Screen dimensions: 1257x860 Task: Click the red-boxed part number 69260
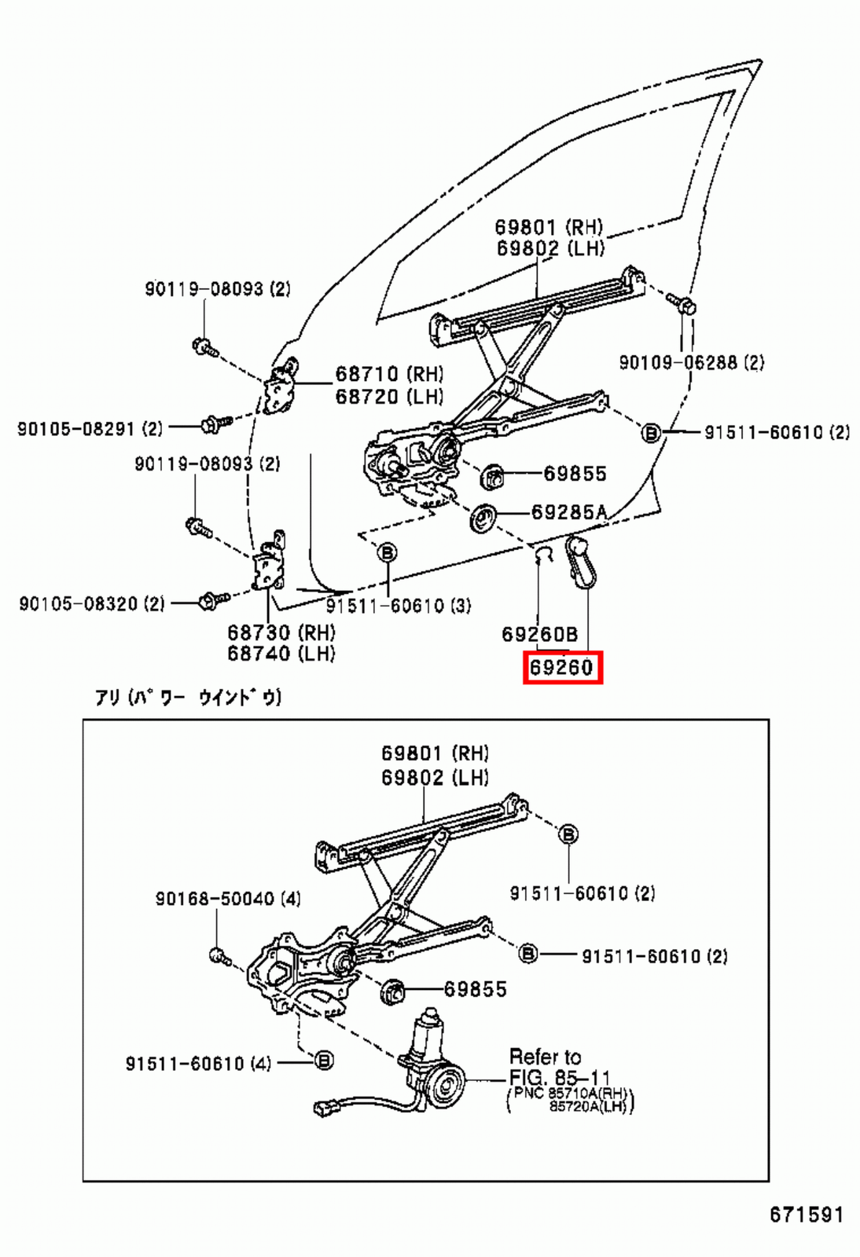(562, 668)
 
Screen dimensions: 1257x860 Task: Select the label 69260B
(539, 634)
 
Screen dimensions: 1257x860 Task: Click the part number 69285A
(569, 512)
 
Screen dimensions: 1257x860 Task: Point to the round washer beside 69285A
(483, 519)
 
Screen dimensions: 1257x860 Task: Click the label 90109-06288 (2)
(691, 362)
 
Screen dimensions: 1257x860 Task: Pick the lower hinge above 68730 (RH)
(269, 562)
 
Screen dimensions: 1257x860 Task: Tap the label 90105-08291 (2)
(90, 429)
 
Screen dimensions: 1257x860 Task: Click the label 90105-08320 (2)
(91, 603)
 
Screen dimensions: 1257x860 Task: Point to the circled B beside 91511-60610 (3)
(388, 553)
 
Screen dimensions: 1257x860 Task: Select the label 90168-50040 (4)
(227, 898)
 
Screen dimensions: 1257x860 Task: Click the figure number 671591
(805, 1215)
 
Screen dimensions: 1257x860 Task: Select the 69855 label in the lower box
(475, 989)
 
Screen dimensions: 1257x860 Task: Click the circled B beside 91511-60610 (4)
(323, 1061)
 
